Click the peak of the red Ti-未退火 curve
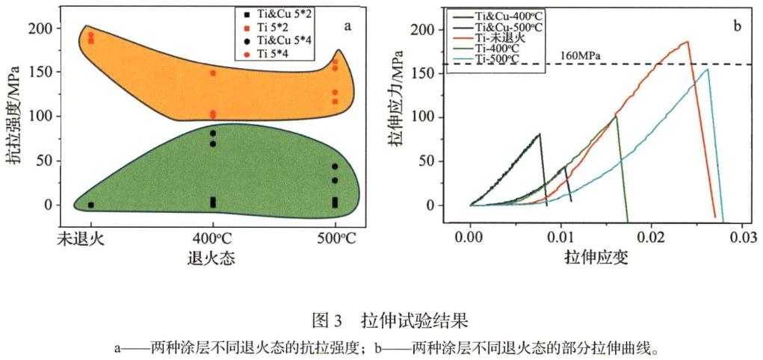tap(688, 42)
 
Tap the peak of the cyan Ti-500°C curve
tap(707, 69)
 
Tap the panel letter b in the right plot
tap(737, 27)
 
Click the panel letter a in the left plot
tap(347, 27)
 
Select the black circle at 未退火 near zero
tap(91, 205)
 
